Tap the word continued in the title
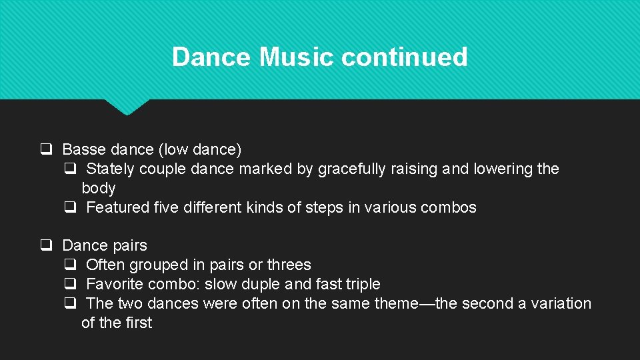[x=404, y=57]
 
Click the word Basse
[x=83, y=149]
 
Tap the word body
[x=98, y=188]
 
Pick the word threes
[x=289, y=265]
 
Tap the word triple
[x=363, y=284]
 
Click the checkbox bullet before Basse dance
[x=46, y=149]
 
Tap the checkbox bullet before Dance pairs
[x=46, y=245]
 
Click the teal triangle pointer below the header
[x=127, y=107]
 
